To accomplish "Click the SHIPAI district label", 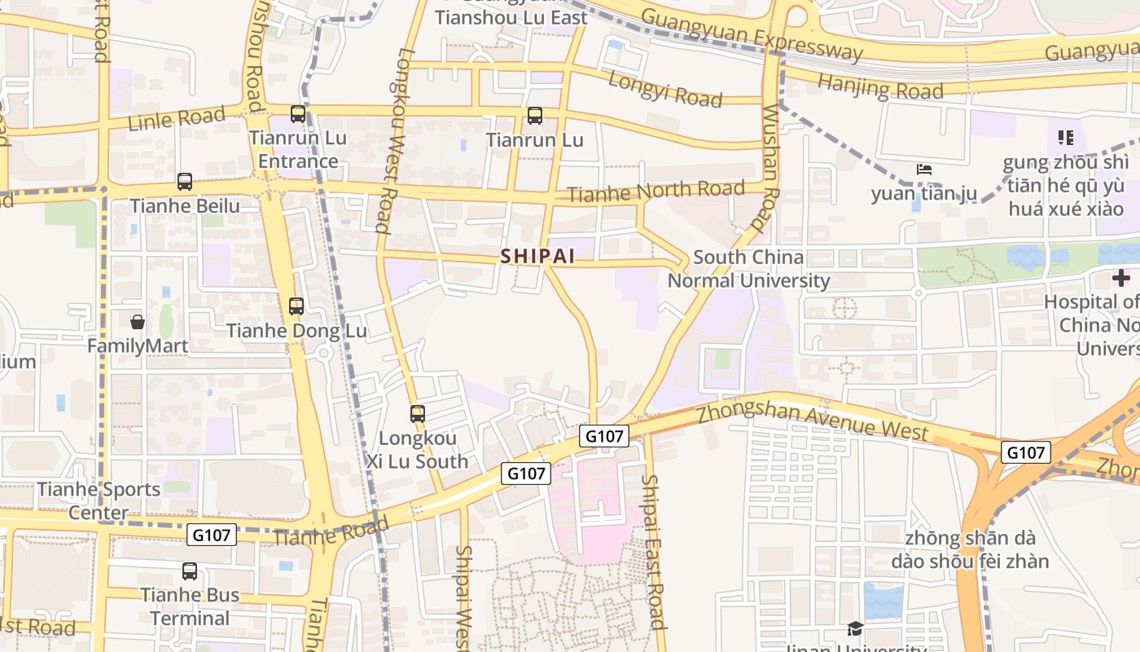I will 537,256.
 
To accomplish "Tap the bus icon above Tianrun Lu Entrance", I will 298,114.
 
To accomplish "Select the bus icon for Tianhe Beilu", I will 185,182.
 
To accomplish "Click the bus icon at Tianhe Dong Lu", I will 296,306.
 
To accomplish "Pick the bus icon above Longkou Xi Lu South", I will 418,414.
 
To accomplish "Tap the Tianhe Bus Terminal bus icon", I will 190,570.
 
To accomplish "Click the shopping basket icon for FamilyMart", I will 138,322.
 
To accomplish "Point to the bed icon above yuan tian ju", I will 924,170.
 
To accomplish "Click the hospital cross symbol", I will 1121,278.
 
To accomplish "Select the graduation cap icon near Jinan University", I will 854,628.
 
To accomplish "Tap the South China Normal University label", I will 748,269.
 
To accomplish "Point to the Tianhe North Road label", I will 655,192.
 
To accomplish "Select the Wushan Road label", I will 769,167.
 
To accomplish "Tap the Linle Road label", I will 176,119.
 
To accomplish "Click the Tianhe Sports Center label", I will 99,500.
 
